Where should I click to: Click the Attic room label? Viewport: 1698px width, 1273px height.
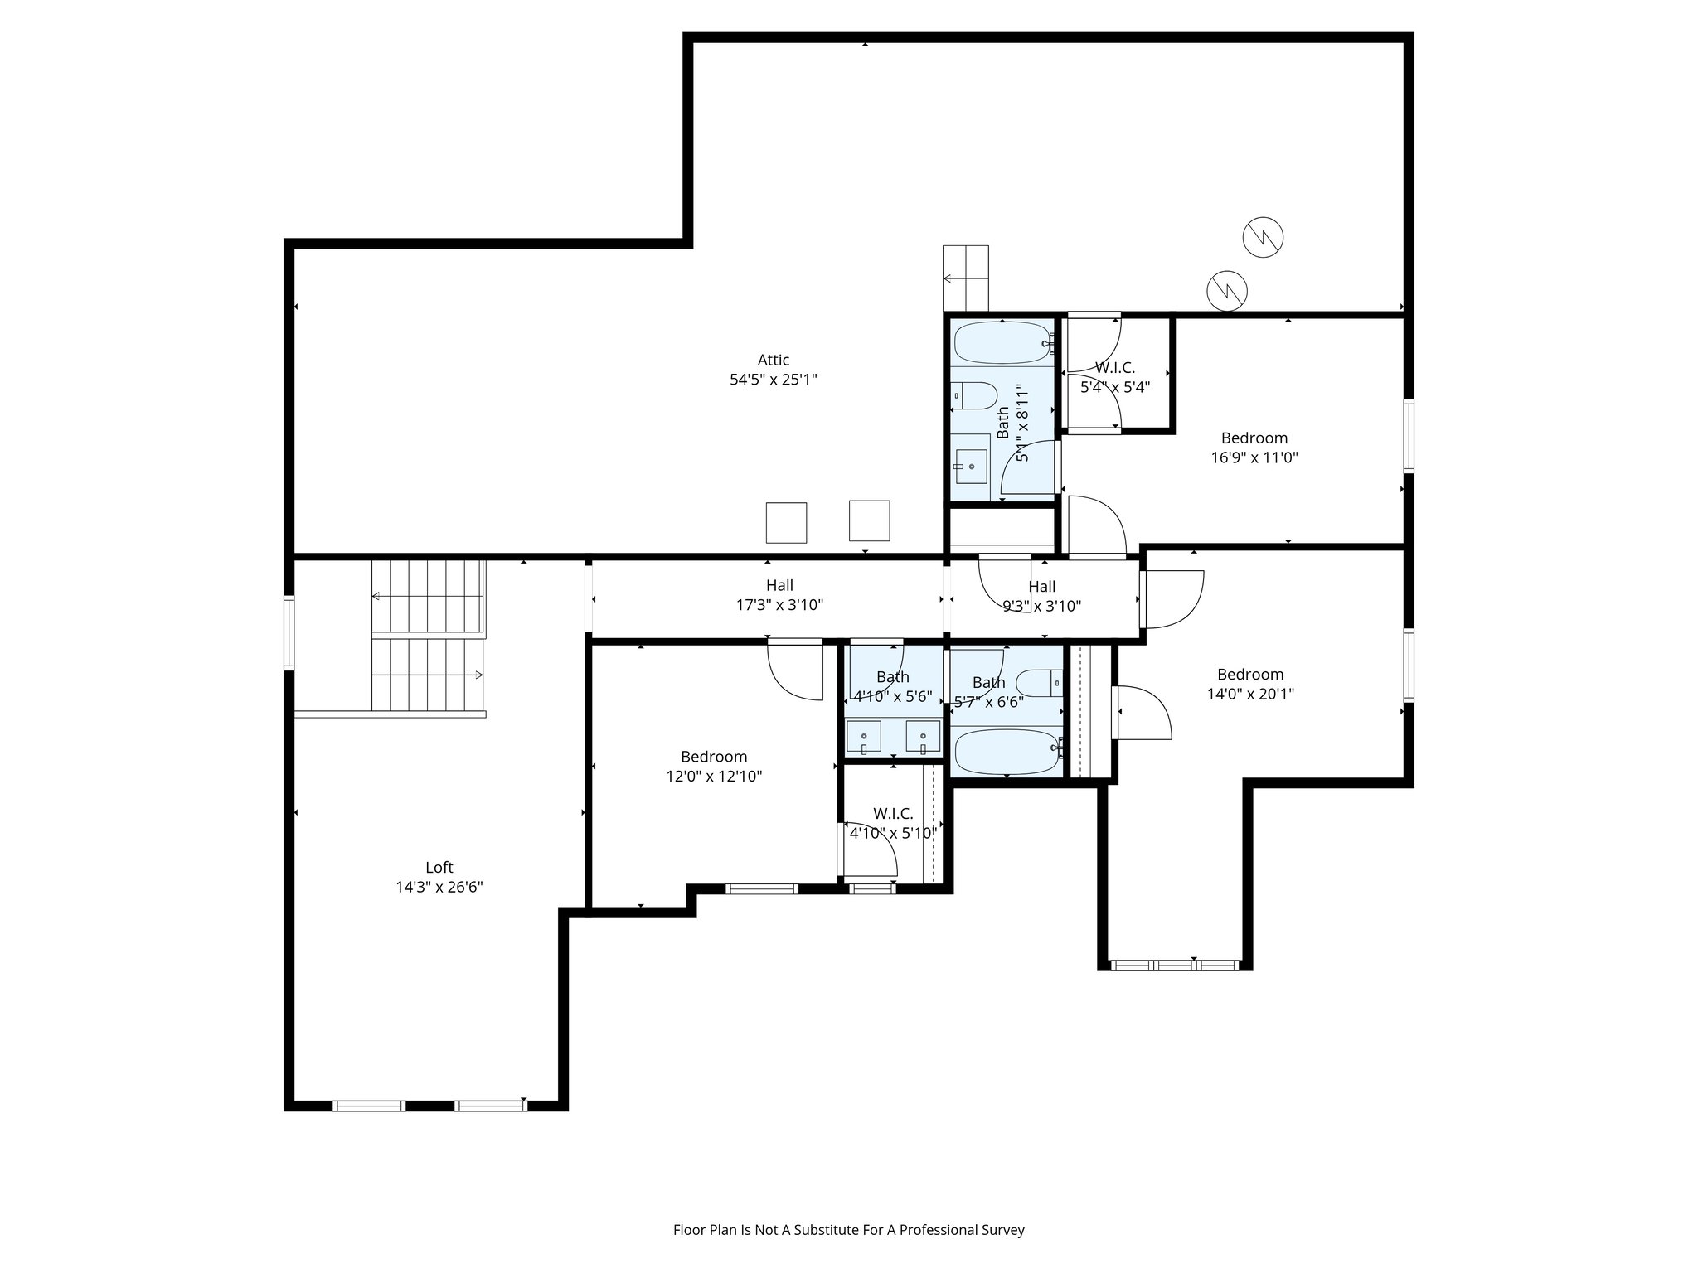[x=773, y=361]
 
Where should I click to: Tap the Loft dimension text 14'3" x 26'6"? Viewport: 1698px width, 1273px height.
[x=439, y=887]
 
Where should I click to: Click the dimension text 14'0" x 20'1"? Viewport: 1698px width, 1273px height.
[x=1250, y=694]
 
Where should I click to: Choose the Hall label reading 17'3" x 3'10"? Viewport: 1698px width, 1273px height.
[x=779, y=605]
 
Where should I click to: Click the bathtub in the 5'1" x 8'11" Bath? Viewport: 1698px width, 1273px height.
[x=1002, y=342]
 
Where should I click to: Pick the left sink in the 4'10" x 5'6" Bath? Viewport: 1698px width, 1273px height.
[x=864, y=736]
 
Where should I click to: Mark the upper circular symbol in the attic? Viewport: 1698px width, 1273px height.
[x=1263, y=237]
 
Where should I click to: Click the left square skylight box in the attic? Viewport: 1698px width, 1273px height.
[x=786, y=522]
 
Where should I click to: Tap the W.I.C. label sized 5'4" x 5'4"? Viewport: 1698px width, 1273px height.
[x=1115, y=377]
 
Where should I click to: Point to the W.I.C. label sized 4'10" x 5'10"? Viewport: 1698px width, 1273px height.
[x=893, y=823]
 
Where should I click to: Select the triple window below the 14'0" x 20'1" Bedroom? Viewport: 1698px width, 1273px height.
[x=1174, y=965]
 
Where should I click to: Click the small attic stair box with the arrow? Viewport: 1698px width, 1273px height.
[x=966, y=278]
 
